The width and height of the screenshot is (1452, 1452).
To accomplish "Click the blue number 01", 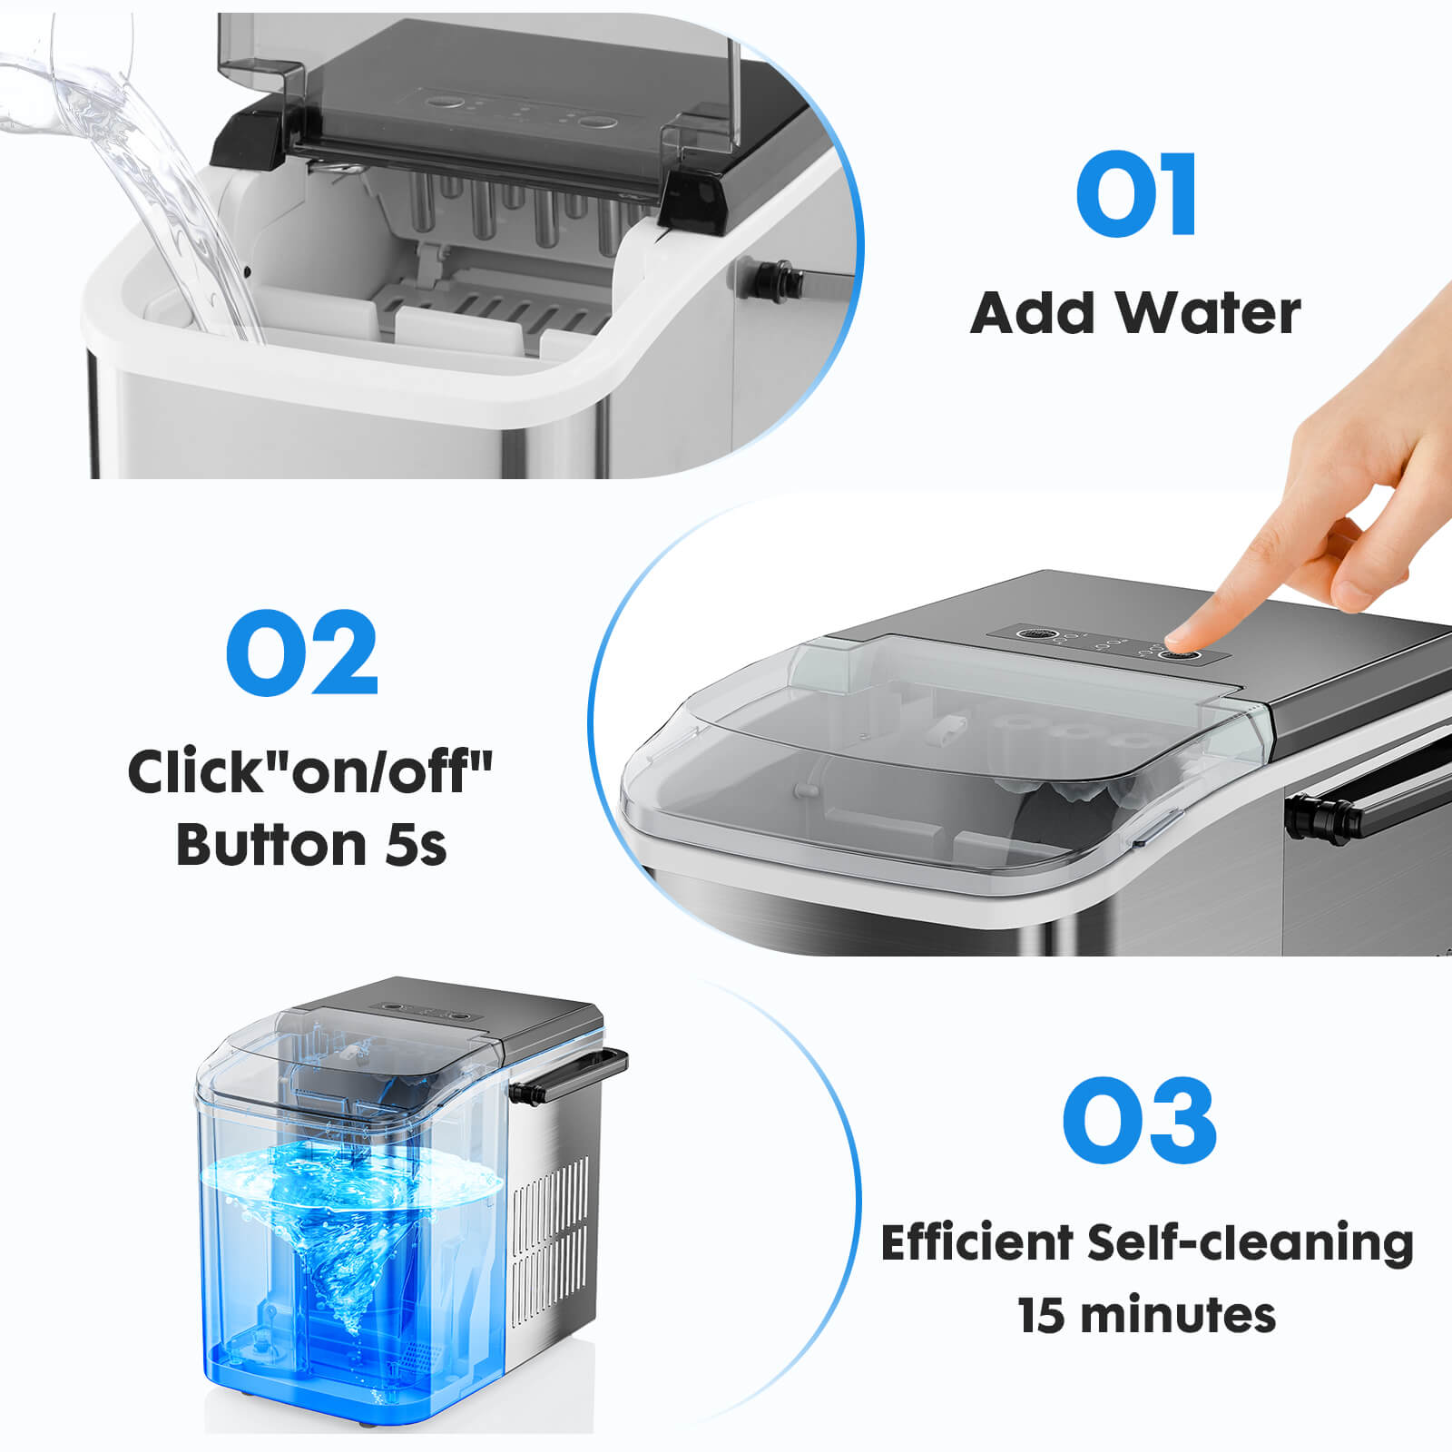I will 1136,194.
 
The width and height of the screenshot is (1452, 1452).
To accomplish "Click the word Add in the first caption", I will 1033,314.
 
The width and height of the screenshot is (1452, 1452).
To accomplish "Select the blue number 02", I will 301,653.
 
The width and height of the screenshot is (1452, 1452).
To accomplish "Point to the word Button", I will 270,846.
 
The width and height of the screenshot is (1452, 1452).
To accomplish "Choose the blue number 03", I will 1139,1122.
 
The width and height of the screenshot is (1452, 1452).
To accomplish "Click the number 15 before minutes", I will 1041,1316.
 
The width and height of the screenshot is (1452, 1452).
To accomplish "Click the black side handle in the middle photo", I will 1361,799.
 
